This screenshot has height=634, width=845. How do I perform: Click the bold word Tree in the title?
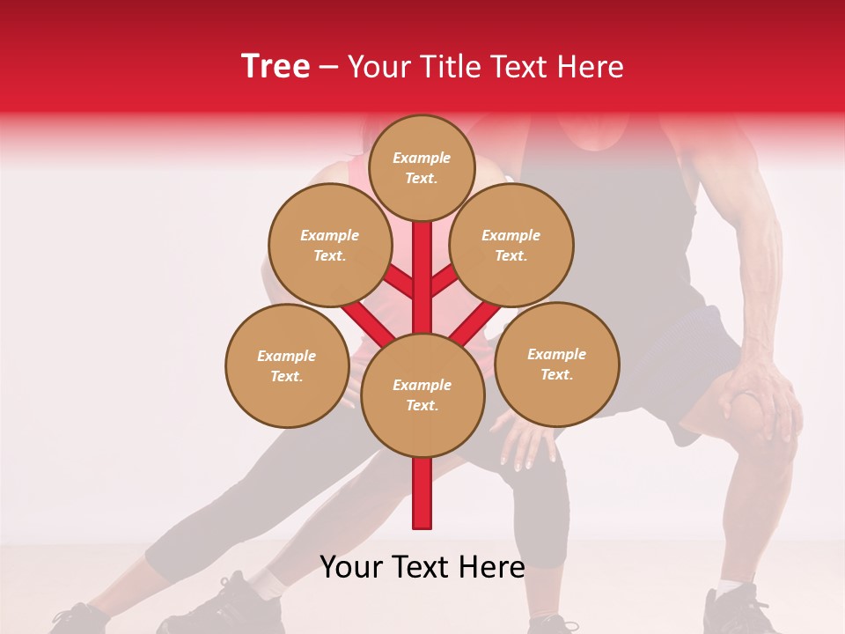click(x=276, y=67)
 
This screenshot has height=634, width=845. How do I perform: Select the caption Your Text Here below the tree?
click(x=422, y=567)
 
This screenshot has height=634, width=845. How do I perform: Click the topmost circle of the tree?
click(x=422, y=167)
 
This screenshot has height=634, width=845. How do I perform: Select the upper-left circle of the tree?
click(x=329, y=245)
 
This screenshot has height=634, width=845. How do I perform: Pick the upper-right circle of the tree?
click(x=511, y=245)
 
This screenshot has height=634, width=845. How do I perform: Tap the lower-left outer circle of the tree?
click(x=287, y=365)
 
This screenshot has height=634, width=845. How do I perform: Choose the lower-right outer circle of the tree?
click(x=557, y=364)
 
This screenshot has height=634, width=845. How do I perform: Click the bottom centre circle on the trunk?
click(x=422, y=394)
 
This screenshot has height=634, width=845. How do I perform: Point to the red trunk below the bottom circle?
click(x=422, y=493)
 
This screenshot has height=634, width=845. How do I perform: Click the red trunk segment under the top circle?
click(x=422, y=264)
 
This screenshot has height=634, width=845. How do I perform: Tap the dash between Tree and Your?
click(x=328, y=68)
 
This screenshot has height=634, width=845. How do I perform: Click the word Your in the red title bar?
click(x=378, y=67)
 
